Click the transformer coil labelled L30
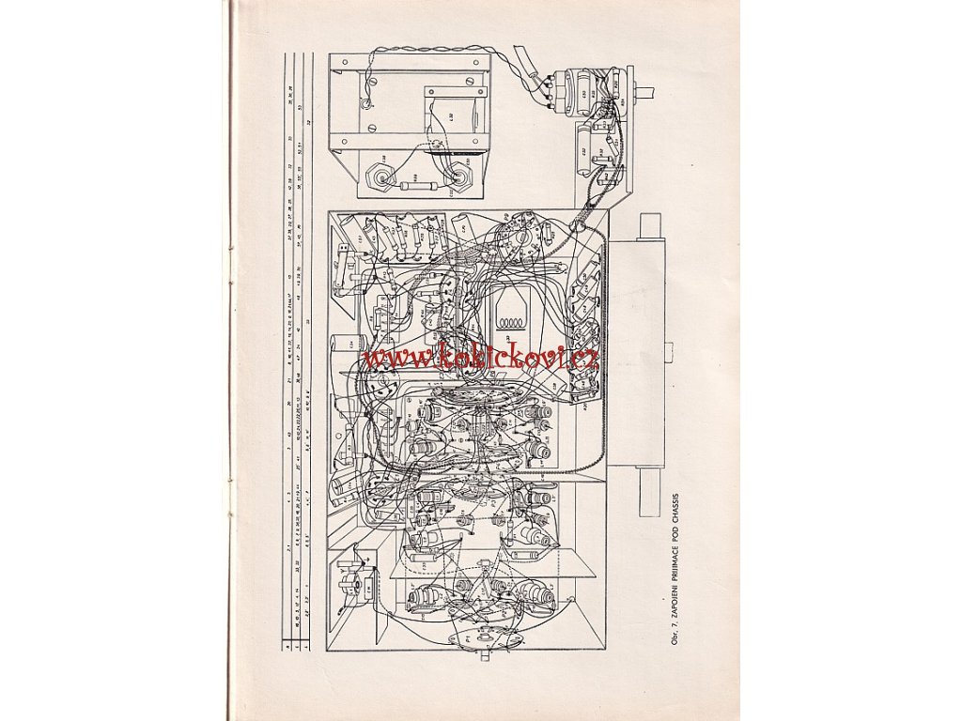(458, 119)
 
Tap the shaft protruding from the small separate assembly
(646, 94)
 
